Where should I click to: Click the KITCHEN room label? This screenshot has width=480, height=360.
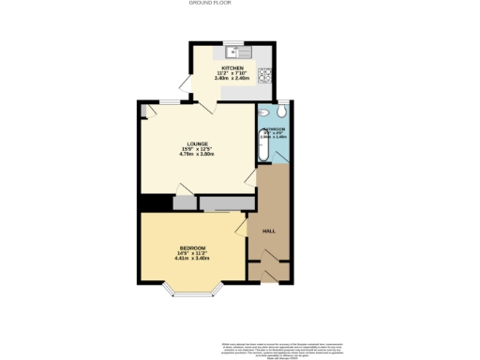[x=232, y=68]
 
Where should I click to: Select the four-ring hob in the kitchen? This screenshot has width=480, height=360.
[x=266, y=74]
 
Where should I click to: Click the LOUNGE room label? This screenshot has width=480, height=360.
[x=196, y=143]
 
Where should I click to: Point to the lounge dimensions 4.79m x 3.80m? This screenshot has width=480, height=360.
[x=196, y=154]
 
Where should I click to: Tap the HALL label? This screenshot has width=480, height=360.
[x=268, y=231]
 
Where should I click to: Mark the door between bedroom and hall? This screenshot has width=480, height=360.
[x=241, y=225]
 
